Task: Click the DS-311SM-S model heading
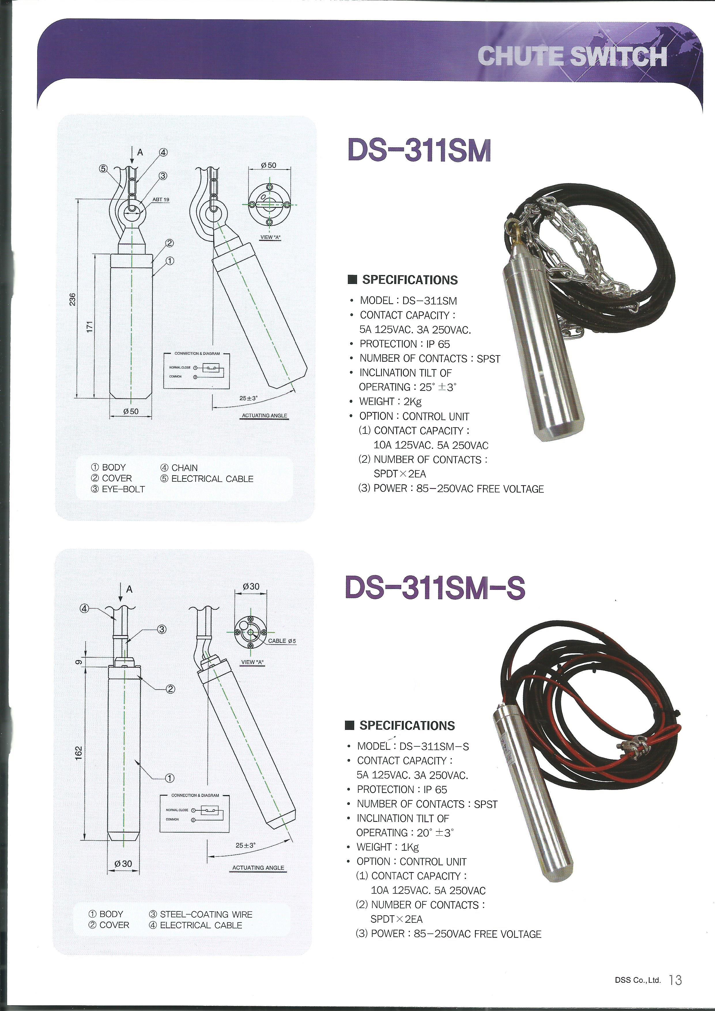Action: tap(435, 588)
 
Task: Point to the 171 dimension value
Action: tap(89, 327)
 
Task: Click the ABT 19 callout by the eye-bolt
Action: tap(161, 199)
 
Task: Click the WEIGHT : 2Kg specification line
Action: tap(384, 402)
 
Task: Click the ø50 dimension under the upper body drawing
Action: tap(131, 411)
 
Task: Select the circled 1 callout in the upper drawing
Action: tap(170, 261)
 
